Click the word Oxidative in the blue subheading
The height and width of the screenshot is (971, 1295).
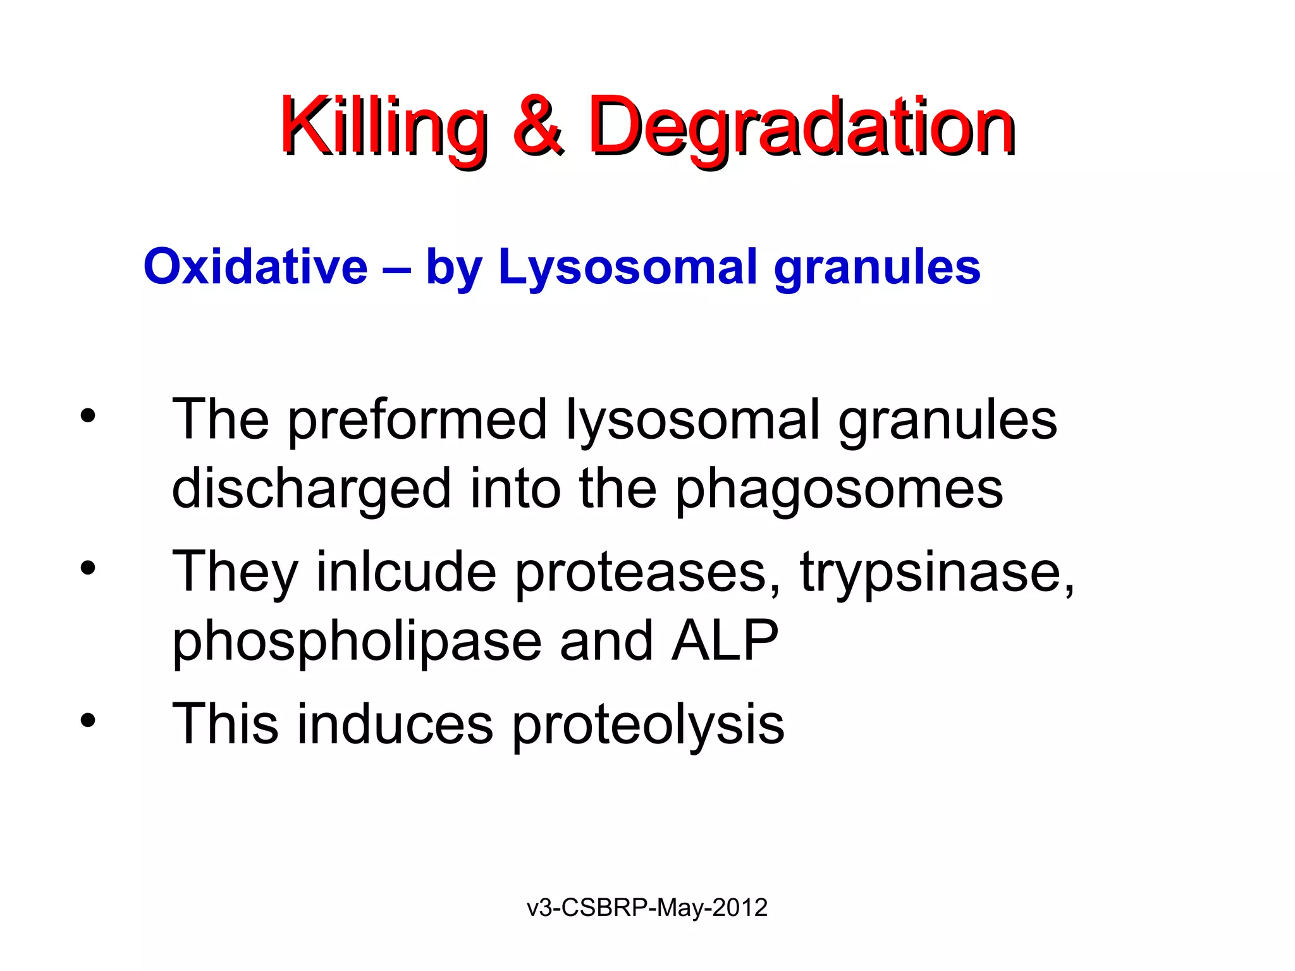[x=255, y=267]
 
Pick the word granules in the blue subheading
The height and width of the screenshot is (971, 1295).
[x=877, y=267]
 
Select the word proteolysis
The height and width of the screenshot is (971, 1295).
[x=647, y=724]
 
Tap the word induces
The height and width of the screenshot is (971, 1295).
[x=395, y=724]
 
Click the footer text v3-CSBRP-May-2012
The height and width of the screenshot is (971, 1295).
[x=647, y=908]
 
